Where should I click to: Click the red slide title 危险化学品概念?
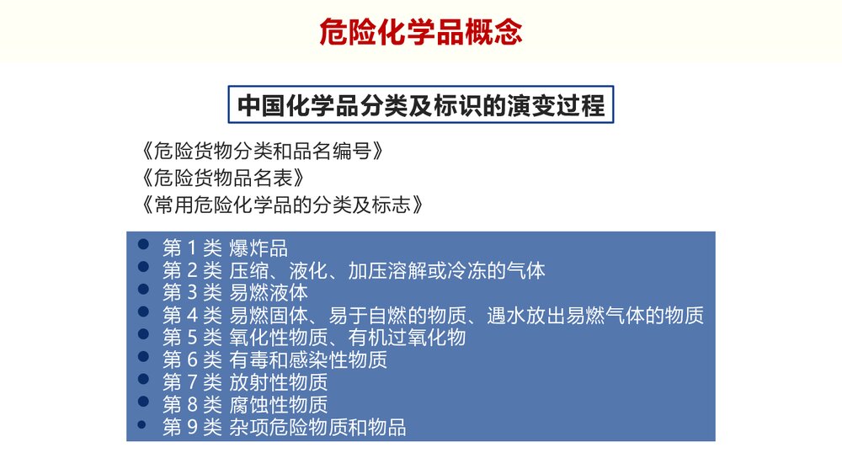421,32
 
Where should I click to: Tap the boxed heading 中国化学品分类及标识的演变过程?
421,106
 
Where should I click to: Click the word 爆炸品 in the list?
258,248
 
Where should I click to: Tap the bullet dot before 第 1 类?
143,245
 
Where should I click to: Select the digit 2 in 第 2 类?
190,271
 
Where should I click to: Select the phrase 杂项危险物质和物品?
317,428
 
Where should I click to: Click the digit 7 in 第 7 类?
190,383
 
